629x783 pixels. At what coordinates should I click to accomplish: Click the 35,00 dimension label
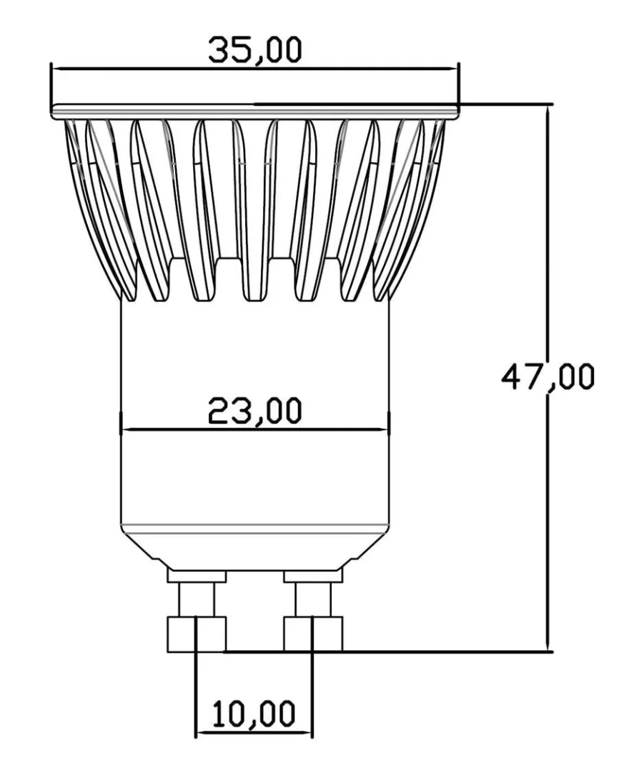(x=254, y=50)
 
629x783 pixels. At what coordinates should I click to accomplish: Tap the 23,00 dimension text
(x=254, y=411)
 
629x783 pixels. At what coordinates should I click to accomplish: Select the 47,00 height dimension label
(x=548, y=376)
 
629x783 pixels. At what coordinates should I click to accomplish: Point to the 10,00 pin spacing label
(x=254, y=714)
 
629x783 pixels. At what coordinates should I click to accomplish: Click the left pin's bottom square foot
(x=197, y=634)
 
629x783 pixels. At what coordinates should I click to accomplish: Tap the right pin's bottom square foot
(x=313, y=634)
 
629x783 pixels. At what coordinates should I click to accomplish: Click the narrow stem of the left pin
(x=197, y=599)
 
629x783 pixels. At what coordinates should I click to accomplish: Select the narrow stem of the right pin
(x=313, y=599)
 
